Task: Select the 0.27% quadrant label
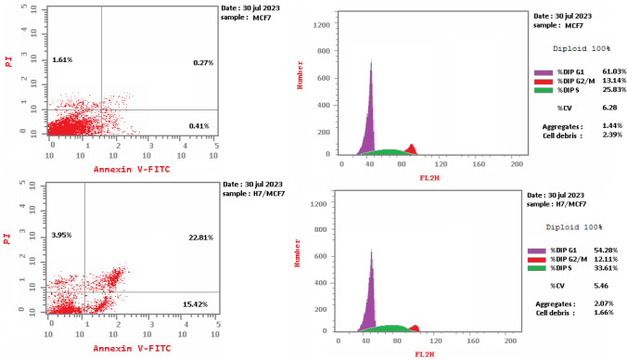tap(204, 62)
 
